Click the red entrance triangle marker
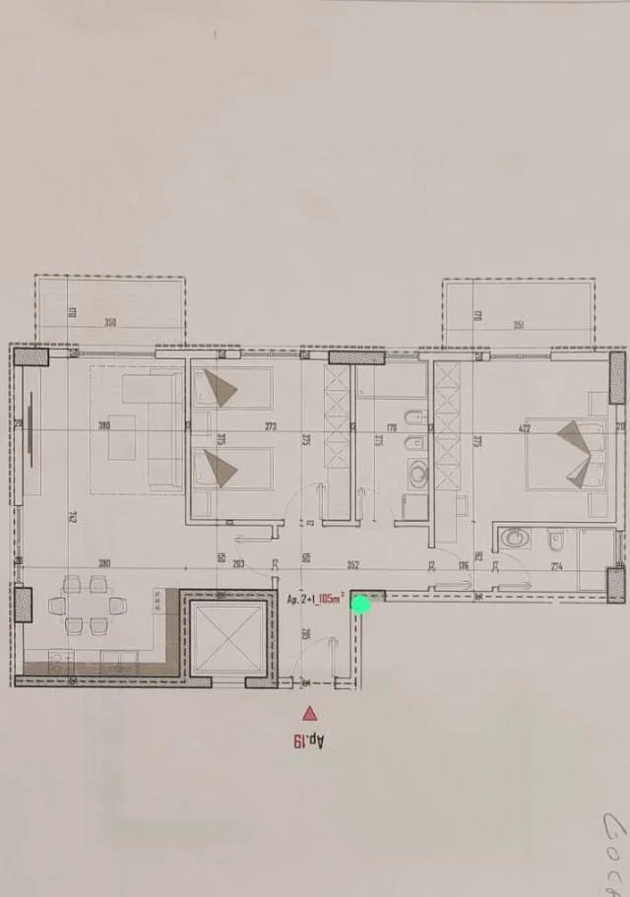(310, 714)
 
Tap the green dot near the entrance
(361, 605)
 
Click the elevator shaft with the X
(228, 634)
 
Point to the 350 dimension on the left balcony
(110, 323)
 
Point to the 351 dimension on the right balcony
(518, 326)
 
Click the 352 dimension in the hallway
(352, 565)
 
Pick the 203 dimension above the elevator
(238, 564)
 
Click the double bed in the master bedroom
(566, 454)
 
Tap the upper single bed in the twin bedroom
(231, 388)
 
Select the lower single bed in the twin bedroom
(231, 469)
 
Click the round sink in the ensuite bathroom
(515, 539)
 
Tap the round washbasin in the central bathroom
(418, 477)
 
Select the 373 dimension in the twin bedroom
(270, 426)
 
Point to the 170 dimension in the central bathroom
(390, 427)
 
